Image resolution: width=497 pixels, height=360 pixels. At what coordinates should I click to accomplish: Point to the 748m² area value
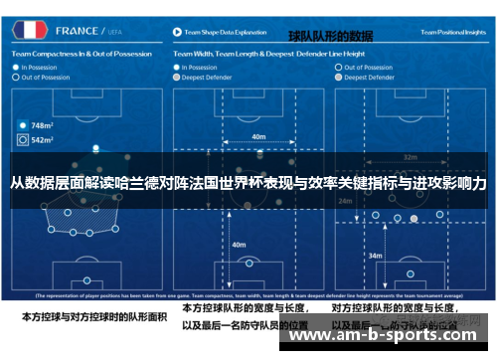[x=42, y=126]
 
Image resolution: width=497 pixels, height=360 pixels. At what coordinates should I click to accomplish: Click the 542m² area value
[x=42, y=140]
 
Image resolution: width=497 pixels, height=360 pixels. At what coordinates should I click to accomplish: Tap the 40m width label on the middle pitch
[x=258, y=136]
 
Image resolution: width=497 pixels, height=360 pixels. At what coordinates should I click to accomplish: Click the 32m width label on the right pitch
[x=410, y=157]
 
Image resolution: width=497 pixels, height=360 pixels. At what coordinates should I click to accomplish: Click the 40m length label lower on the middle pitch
[x=239, y=244]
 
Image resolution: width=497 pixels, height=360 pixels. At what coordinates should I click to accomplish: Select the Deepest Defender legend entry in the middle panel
[x=208, y=76]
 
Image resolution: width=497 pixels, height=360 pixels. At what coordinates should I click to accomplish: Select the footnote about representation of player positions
[x=248, y=296]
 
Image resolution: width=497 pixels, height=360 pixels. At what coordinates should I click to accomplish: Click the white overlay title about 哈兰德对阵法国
[x=248, y=184]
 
